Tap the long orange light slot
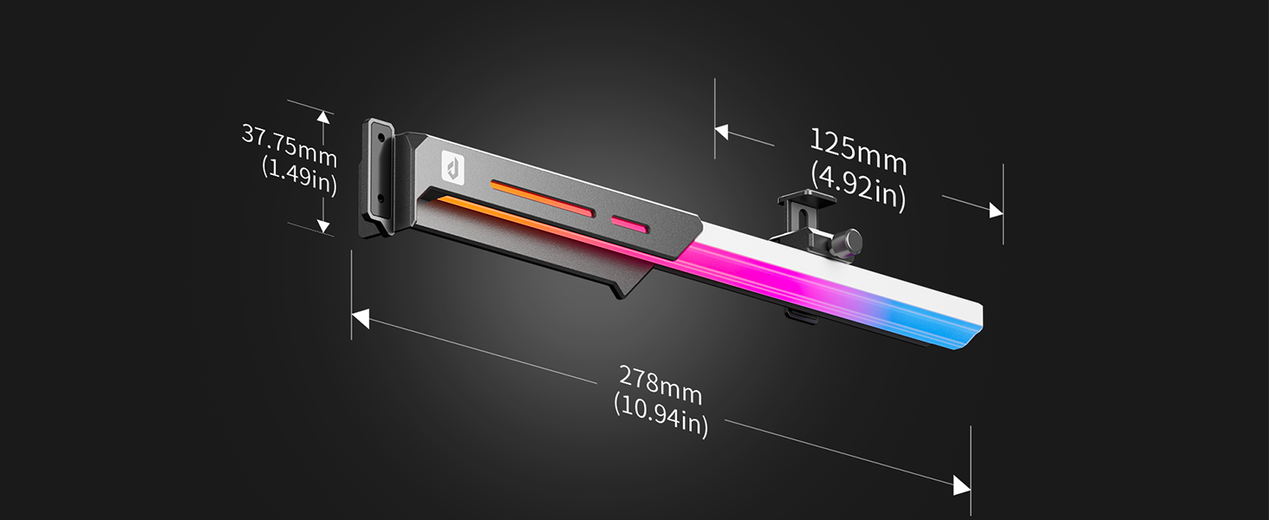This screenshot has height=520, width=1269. click(543, 198)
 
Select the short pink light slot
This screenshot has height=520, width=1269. click(630, 224)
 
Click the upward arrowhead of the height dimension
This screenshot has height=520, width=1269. click(323, 116)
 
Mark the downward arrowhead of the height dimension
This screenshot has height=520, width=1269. click(323, 227)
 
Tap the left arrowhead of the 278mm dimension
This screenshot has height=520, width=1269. click(360, 319)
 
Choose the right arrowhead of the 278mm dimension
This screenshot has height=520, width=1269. click(961, 485)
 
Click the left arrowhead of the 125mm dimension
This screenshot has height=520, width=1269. click(722, 132)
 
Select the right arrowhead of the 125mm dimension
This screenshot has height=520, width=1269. click(995, 211)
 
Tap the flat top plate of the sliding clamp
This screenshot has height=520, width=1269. click(806, 199)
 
